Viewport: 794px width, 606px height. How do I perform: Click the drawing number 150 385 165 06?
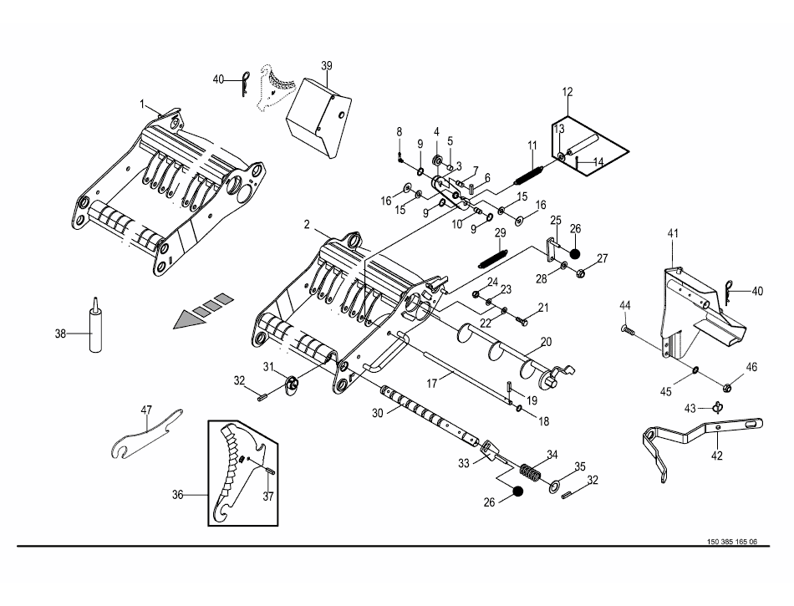[731, 542]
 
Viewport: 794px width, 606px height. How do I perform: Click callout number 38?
[60, 334]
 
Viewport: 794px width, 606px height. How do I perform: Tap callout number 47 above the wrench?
[146, 410]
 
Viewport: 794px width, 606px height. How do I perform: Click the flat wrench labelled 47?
[145, 435]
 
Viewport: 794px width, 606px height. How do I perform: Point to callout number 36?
[177, 495]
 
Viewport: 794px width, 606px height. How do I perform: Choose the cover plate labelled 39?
[318, 119]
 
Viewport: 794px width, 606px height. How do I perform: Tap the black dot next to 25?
[574, 253]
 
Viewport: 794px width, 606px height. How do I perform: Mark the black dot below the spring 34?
[517, 491]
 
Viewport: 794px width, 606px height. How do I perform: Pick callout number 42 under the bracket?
[717, 456]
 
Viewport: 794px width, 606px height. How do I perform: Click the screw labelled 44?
[628, 329]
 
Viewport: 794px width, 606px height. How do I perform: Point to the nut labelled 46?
[726, 389]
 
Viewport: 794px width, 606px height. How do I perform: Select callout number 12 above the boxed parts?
[568, 92]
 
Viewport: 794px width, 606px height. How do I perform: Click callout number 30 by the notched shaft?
[378, 413]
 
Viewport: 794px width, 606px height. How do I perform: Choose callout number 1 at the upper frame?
[142, 104]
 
